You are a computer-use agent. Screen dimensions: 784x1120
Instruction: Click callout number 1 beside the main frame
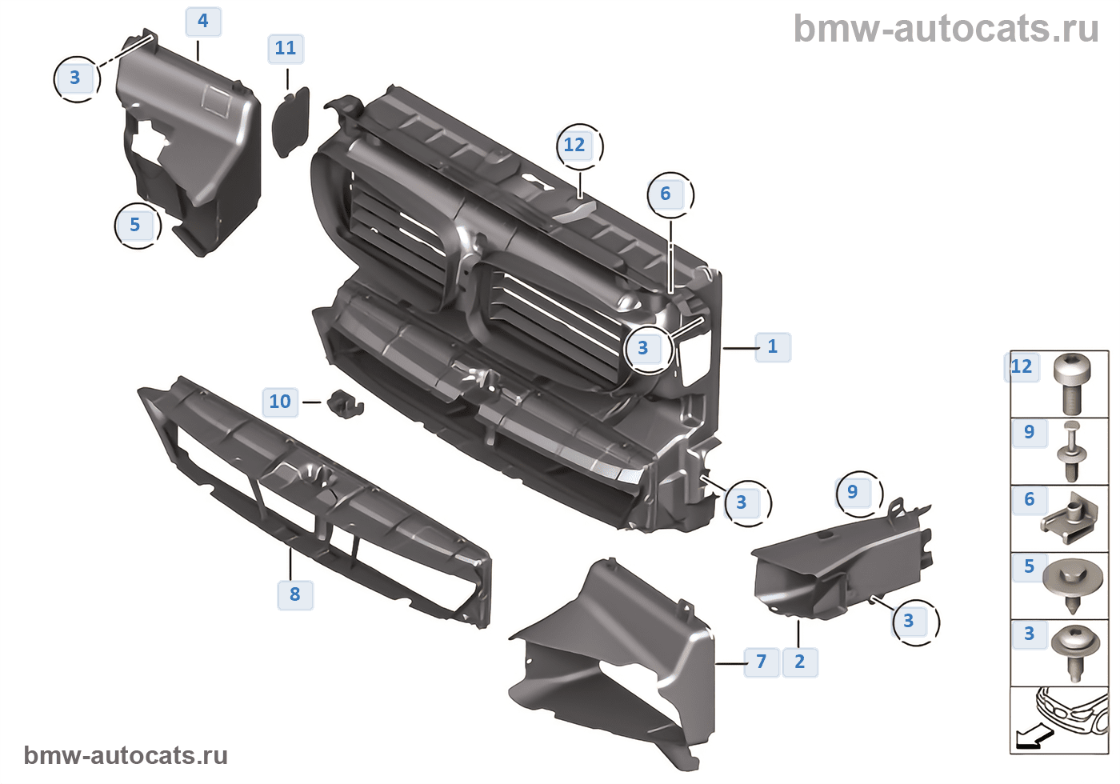[772, 347]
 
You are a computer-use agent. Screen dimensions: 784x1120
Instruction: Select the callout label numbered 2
[799, 662]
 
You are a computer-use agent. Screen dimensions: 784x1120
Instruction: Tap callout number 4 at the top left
[203, 22]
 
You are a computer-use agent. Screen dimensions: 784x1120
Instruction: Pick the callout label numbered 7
[761, 662]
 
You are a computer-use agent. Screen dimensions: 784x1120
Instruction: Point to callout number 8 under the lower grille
[295, 594]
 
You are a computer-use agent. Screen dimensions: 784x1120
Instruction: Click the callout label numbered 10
[280, 402]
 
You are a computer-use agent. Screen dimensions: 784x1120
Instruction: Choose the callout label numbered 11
[286, 49]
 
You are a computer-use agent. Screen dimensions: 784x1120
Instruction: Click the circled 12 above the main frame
[575, 146]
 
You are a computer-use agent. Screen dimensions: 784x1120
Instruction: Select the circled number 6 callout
[666, 194]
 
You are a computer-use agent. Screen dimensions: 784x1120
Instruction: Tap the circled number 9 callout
[853, 493]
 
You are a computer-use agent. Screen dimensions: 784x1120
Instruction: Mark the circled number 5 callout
[135, 226]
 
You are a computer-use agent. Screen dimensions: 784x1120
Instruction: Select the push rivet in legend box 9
[1072, 451]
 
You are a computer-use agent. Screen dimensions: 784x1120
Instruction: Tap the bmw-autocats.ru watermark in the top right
[946, 30]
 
